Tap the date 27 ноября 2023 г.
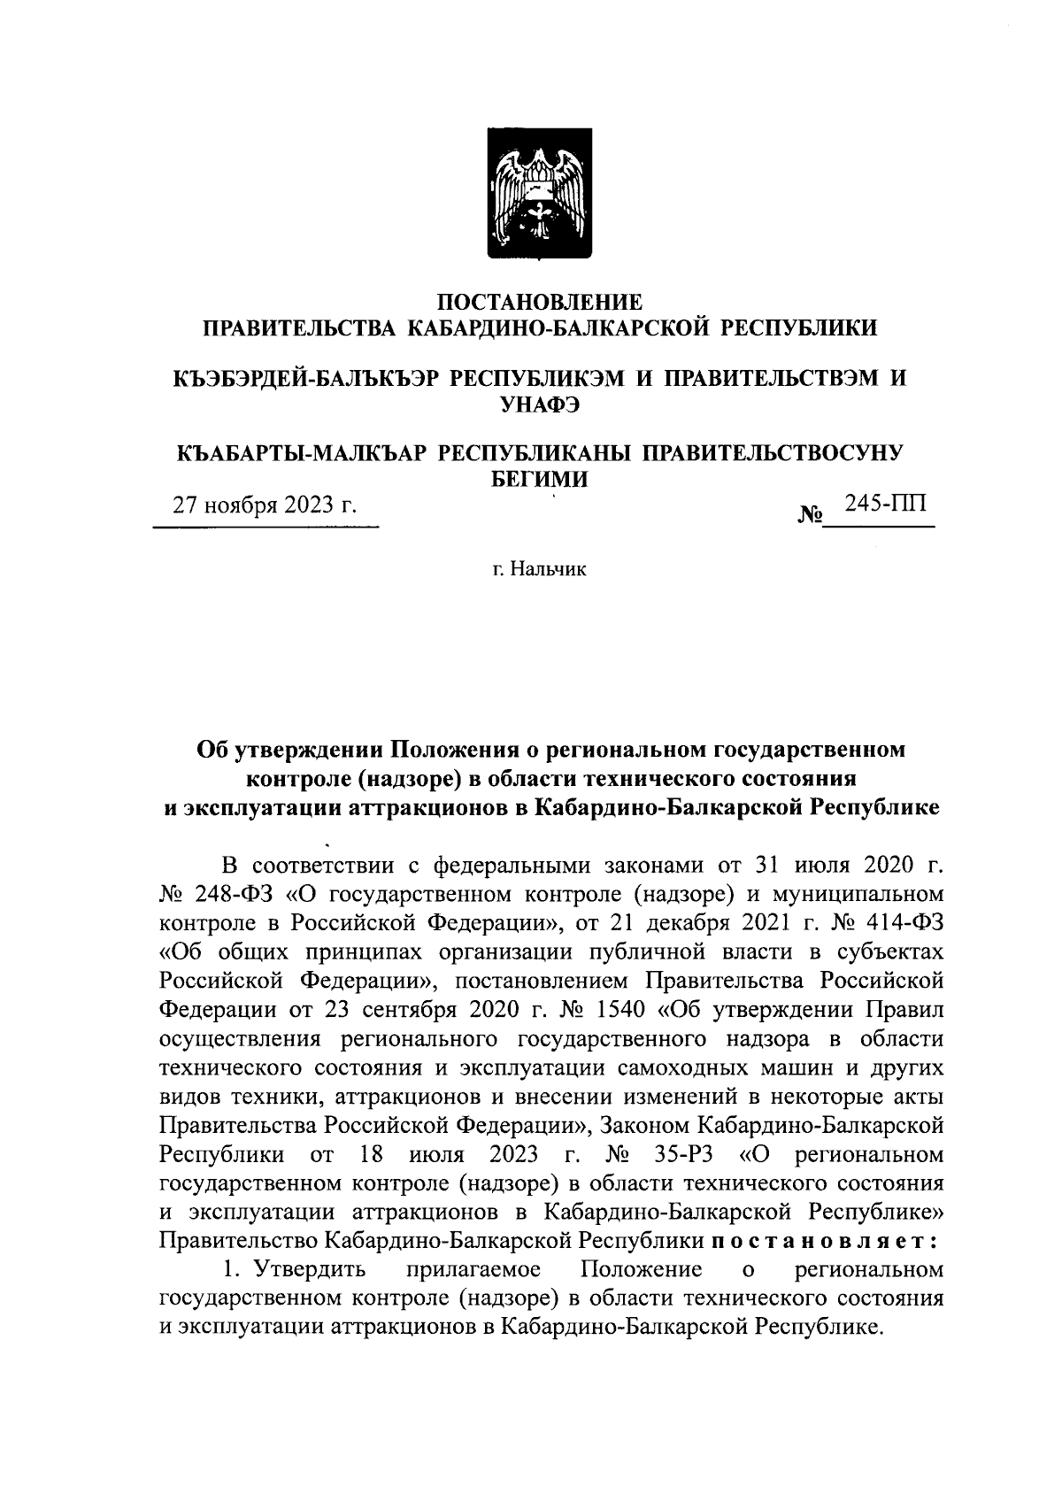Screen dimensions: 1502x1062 point(265,506)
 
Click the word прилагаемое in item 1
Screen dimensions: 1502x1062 point(473,1270)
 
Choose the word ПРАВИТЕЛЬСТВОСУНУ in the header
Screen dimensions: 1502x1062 point(770,453)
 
